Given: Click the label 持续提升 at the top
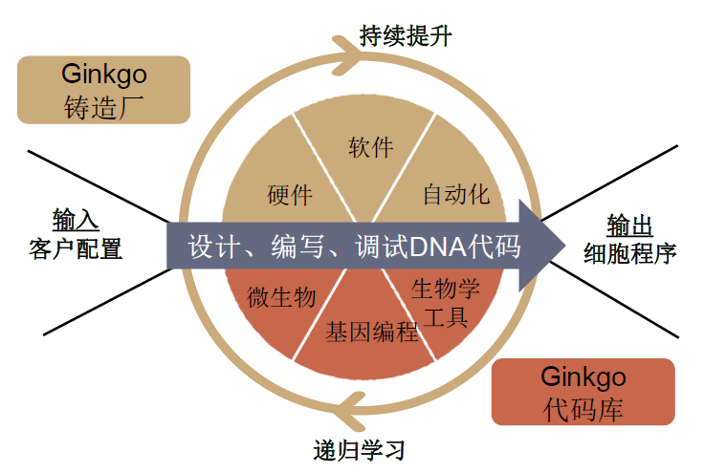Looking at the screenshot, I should (x=406, y=36).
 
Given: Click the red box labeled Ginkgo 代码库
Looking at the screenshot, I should (x=583, y=392).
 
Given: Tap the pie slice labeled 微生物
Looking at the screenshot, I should (x=280, y=297).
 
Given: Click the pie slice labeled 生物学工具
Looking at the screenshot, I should (x=445, y=301).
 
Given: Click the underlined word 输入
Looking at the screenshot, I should (x=76, y=220).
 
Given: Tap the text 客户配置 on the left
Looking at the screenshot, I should (x=76, y=249).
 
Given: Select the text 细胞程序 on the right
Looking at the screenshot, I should (x=630, y=254).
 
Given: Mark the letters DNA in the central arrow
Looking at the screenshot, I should (x=442, y=247).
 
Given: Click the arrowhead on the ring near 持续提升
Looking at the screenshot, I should (x=354, y=50).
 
